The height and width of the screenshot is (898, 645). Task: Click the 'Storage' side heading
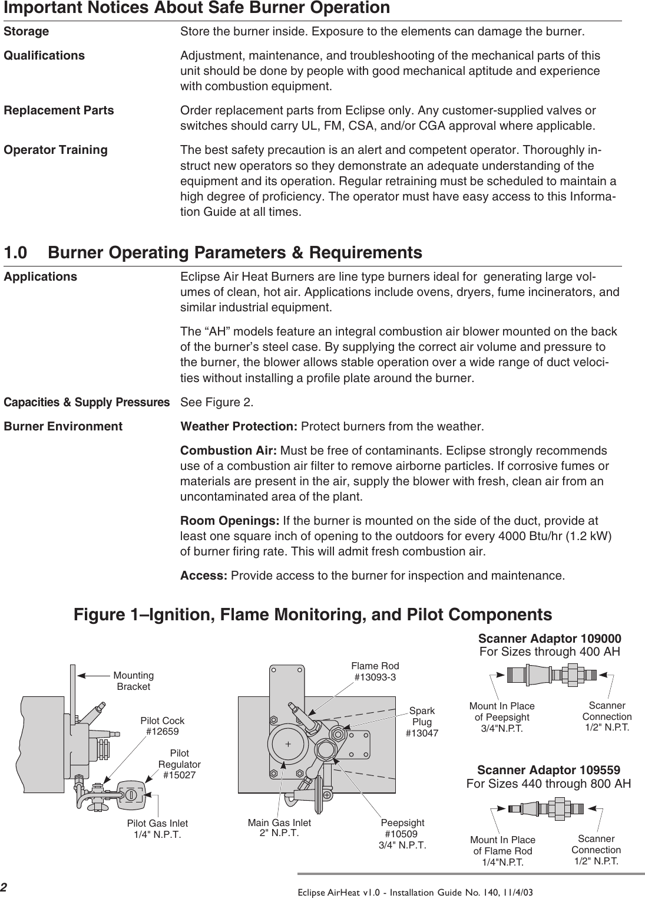pos(27,31)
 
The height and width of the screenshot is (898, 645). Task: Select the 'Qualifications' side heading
pos(44,55)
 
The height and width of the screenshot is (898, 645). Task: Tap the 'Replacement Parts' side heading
pos(59,110)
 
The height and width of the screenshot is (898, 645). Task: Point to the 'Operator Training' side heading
pos(56,150)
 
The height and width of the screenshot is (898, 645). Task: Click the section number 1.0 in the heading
pos(16,253)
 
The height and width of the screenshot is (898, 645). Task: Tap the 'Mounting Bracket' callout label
pos(134,681)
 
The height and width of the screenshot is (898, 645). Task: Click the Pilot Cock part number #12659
pos(162,732)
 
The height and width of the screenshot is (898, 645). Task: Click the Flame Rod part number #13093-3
pos(375,677)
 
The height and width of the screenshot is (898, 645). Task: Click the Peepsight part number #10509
pos(401,834)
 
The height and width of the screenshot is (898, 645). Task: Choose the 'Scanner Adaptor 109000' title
pos(549,639)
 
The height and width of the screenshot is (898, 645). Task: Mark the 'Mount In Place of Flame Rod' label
pos(502,851)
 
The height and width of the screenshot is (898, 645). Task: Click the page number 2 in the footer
pos(4,888)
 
